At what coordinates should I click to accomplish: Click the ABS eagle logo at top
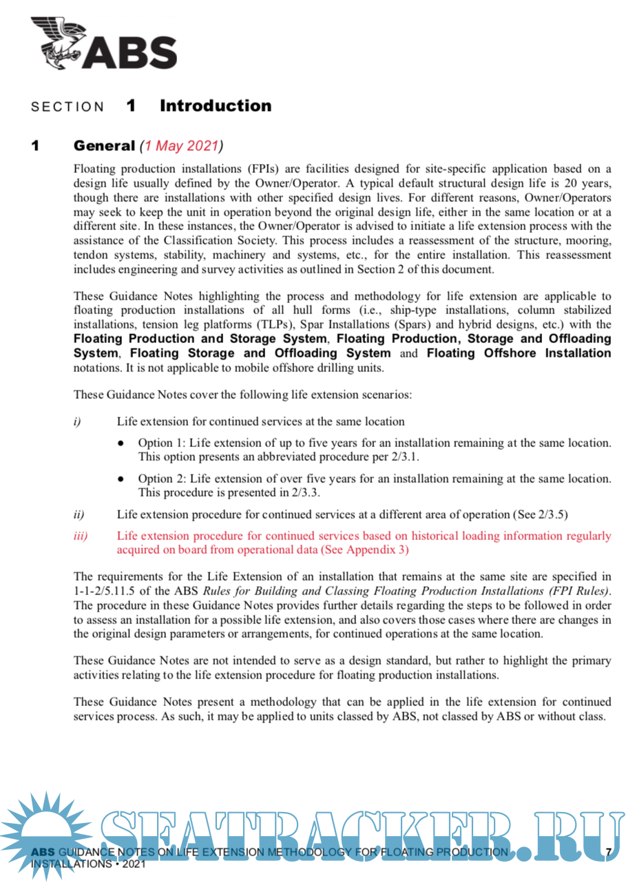pyautogui.click(x=103, y=43)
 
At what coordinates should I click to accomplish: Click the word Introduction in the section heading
pyautogui.click(x=216, y=106)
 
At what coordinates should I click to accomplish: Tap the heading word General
pyautogui.click(x=104, y=146)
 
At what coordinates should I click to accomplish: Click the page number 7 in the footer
pyautogui.click(x=609, y=853)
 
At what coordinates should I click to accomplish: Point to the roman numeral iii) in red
pyautogui.click(x=81, y=536)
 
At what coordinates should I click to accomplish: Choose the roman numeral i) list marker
pyautogui.click(x=77, y=422)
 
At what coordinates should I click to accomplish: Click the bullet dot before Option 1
pyautogui.click(x=121, y=444)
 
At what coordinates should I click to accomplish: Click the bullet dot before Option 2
pyautogui.click(x=121, y=479)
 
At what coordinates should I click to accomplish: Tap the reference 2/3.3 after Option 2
pyautogui.click(x=306, y=492)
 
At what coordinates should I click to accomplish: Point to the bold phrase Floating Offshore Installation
pyautogui.click(x=519, y=353)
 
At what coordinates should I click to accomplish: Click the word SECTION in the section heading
pyautogui.click(x=67, y=107)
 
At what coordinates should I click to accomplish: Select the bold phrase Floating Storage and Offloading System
pyautogui.click(x=260, y=353)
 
